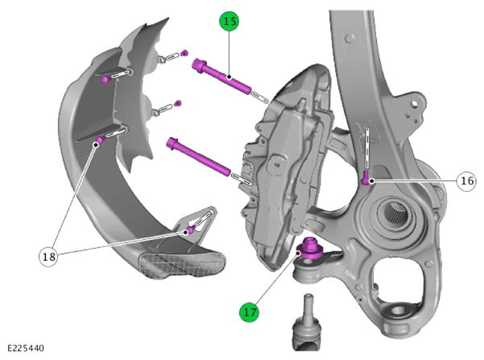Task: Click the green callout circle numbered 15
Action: click(229, 21)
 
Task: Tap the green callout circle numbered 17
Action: click(249, 312)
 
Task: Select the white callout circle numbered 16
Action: click(466, 180)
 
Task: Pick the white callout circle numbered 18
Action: click(48, 256)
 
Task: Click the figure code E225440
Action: click(26, 348)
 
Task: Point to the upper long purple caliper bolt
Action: click(221, 77)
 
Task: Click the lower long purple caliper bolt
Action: click(198, 157)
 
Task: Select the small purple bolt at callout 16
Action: click(366, 178)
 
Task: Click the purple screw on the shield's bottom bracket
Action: click(191, 230)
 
